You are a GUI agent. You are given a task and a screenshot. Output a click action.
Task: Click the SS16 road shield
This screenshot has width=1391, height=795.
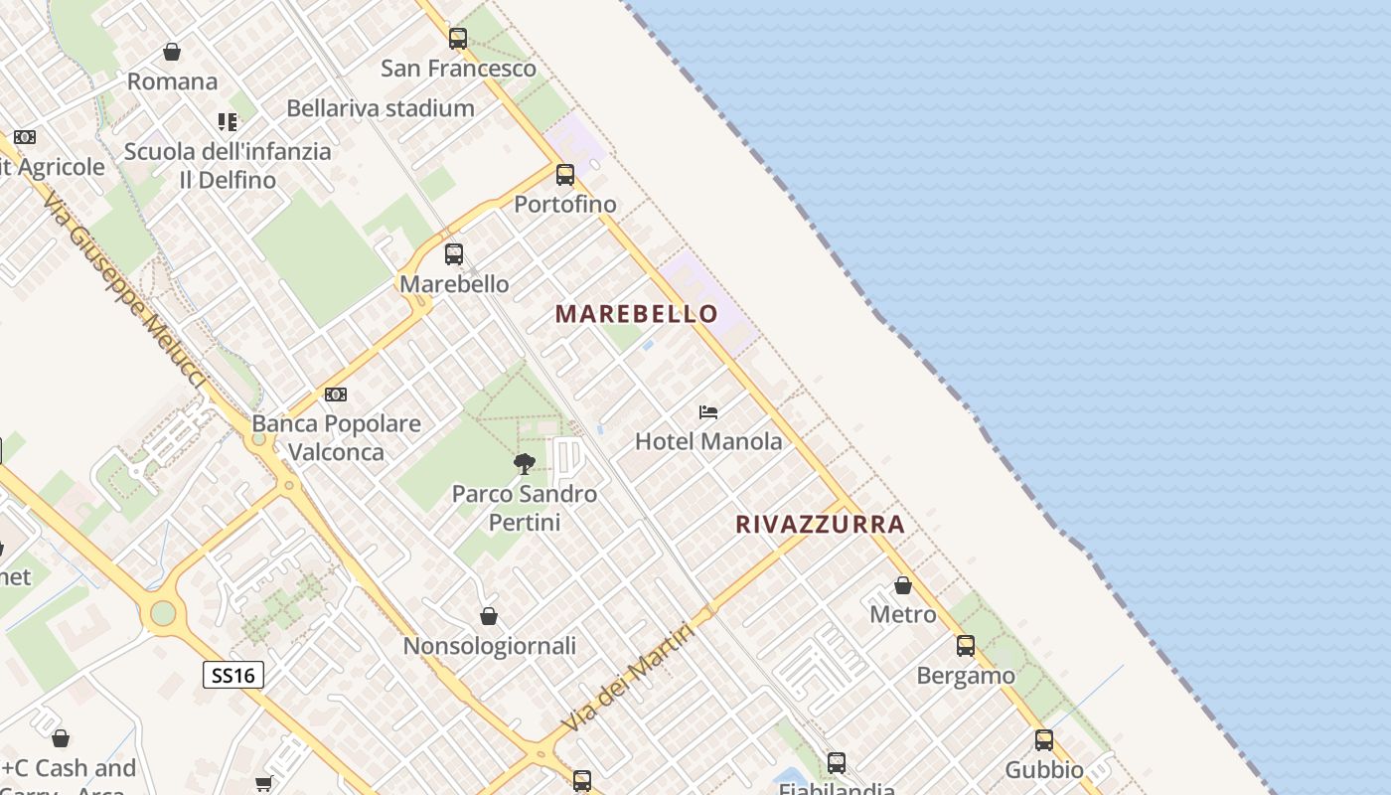click(x=233, y=676)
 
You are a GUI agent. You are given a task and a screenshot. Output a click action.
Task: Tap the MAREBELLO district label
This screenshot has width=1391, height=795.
click(x=637, y=314)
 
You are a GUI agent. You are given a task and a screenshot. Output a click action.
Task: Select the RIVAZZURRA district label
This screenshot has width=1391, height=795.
click(x=821, y=524)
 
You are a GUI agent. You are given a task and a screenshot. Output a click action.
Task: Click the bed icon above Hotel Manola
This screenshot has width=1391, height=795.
click(x=708, y=411)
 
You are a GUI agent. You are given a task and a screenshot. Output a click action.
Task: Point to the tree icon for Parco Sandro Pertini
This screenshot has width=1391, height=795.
click(x=525, y=463)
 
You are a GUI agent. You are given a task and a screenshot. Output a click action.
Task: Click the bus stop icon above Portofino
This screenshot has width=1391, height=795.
click(x=565, y=175)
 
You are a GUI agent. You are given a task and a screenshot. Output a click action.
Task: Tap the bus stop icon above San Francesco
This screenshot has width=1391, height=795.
click(x=458, y=39)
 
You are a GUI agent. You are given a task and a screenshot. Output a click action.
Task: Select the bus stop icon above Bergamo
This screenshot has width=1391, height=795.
click(x=966, y=646)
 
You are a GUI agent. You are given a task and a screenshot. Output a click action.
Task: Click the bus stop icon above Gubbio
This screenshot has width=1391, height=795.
click(x=1044, y=740)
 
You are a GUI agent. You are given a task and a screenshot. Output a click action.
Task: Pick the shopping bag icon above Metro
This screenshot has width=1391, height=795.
click(x=903, y=585)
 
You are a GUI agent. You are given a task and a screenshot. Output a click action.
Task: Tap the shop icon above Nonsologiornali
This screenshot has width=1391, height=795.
click(x=489, y=616)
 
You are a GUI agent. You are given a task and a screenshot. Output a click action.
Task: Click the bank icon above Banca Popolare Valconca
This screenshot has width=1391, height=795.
click(x=336, y=395)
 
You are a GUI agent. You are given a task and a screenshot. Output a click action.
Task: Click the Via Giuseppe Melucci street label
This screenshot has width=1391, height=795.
click(x=125, y=289)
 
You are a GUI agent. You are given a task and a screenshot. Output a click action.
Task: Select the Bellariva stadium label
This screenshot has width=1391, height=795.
click(x=381, y=108)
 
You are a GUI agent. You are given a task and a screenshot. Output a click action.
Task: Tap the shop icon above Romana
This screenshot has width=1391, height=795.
click(x=172, y=52)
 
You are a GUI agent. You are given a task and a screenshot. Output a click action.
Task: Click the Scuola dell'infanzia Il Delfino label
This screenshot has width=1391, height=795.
click(x=228, y=166)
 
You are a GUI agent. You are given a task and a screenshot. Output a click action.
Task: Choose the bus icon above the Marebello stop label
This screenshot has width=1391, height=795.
click(x=454, y=254)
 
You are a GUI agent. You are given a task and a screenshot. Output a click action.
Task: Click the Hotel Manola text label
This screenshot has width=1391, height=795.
click(x=708, y=441)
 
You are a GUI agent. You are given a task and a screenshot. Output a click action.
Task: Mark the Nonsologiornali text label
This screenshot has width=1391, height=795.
click(x=489, y=646)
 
